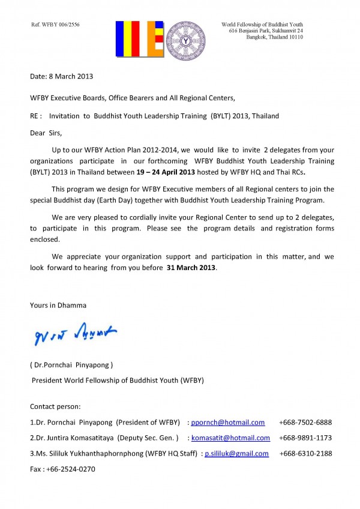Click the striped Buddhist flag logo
[x=139, y=39]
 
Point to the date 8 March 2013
[x=62, y=77]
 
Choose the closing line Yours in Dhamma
[x=58, y=305]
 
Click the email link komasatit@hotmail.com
[x=230, y=438]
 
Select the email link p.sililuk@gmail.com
[x=236, y=454]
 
